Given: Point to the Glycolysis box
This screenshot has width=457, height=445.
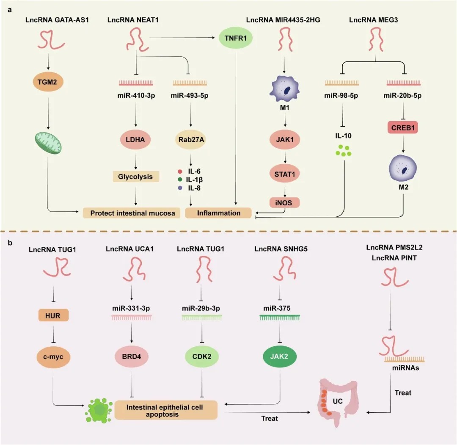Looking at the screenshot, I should click(x=135, y=176).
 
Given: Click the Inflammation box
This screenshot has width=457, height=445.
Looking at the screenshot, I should click(x=218, y=213).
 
